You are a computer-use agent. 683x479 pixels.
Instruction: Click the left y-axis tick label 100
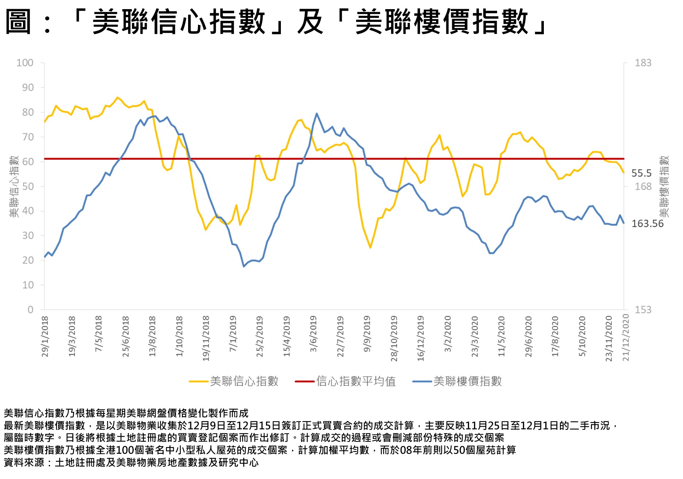pos(25,63)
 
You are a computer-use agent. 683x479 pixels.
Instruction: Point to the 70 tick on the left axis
pos(27,137)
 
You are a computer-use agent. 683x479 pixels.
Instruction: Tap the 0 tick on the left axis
pos(30,310)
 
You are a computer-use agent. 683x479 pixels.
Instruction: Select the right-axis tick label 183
pos(643,63)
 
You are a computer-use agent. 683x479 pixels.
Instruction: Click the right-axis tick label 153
pos(643,310)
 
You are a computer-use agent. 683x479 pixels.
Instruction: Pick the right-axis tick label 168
pos(643,187)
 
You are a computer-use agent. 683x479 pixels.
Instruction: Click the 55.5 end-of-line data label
pos(641,173)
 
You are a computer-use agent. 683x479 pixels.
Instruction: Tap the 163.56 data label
pos(647,223)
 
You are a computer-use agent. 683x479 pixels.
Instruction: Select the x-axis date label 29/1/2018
pos(45,336)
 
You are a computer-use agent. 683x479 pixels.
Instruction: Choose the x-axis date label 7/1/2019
pos(233,334)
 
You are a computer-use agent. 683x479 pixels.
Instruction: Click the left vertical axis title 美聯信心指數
pos(14,187)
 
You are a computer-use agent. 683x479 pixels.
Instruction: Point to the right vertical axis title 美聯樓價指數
pos(664,187)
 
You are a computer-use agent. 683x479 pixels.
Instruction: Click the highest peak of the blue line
pos(316,114)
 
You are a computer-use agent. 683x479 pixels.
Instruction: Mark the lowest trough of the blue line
pos(244,266)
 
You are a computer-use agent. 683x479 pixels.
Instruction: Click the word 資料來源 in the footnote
pos(24,463)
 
